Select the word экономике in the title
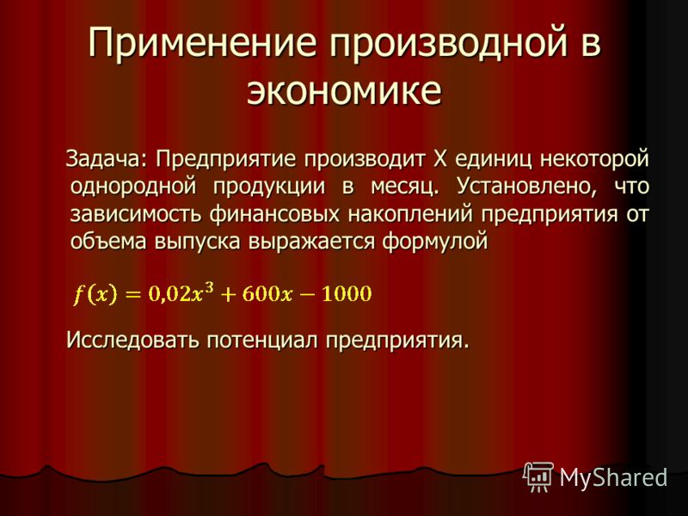pos(344,91)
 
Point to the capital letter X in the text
pos(439,158)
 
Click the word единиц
pos(494,159)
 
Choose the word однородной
pos(133,187)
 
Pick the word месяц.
pos(404,187)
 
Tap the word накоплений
pos(411,215)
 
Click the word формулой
pos(435,242)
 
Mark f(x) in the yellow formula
pos(95,294)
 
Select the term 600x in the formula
pos(267,293)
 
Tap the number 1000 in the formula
pos(347,293)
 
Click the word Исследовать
pos(132,339)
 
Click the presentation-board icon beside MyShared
pos(538,477)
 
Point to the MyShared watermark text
pos(613,477)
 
